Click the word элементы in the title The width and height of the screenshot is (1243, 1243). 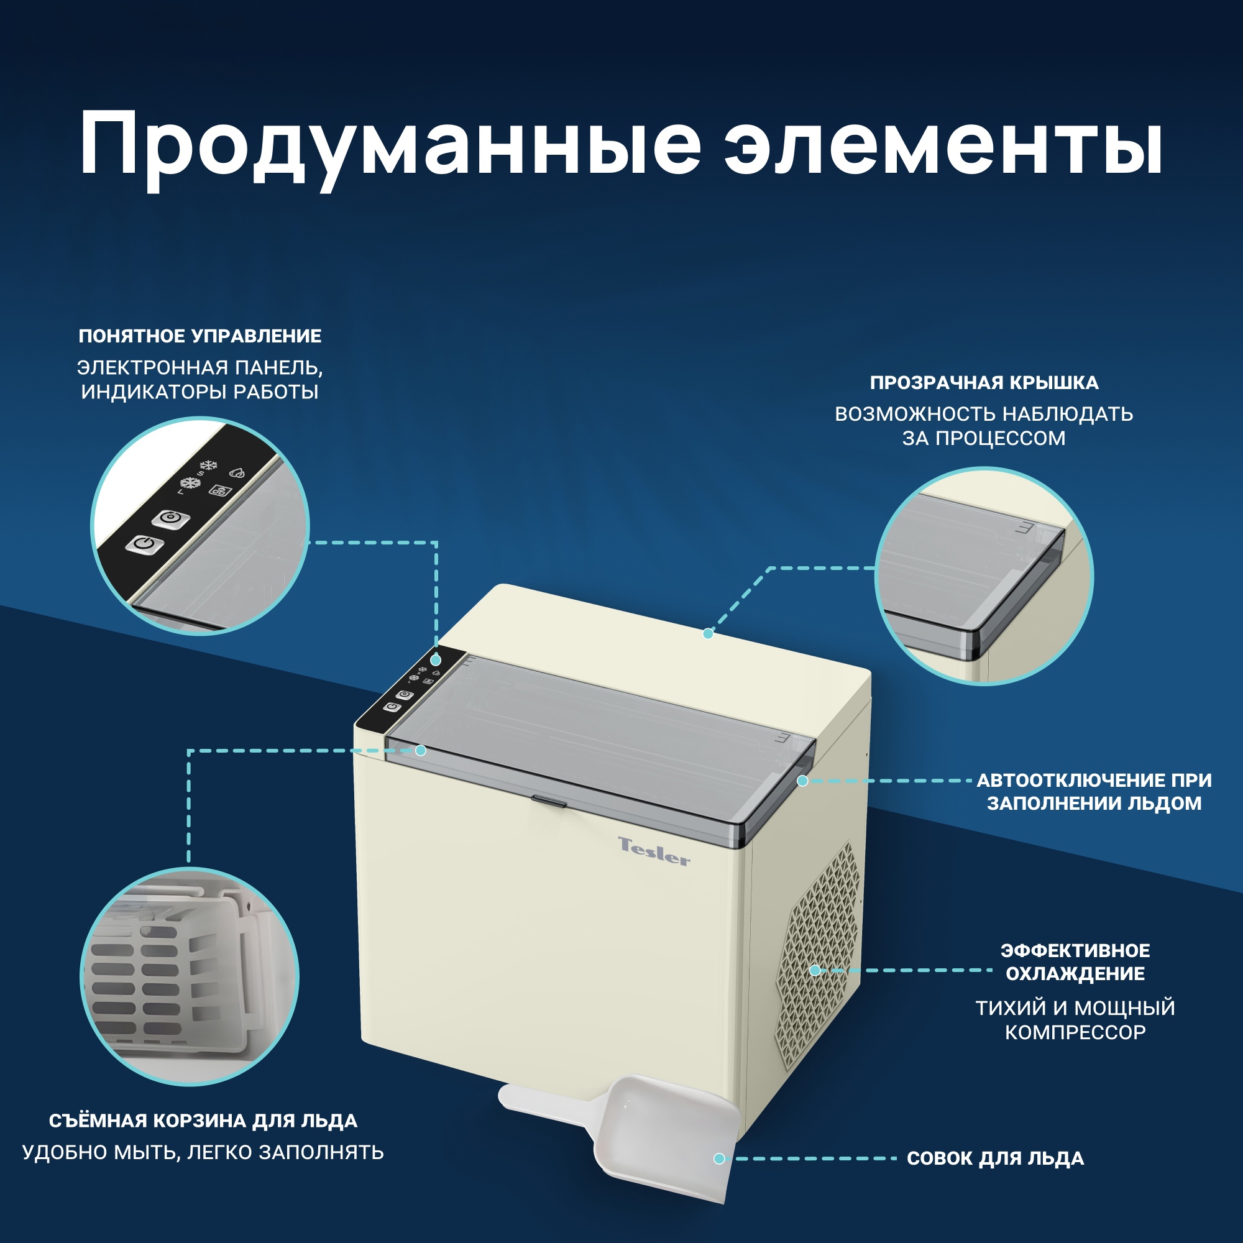point(943,145)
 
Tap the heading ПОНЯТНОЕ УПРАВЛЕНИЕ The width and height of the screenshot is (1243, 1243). point(200,336)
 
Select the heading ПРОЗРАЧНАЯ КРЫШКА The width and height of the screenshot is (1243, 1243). point(984,383)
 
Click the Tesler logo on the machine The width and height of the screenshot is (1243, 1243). point(654,853)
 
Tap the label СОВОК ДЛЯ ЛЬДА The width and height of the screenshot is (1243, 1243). point(995,1158)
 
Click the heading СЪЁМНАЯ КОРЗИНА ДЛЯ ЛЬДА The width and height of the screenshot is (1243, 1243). point(203,1121)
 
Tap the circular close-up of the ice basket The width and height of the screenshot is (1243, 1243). point(190,976)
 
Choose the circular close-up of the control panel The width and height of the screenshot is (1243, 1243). point(200,526)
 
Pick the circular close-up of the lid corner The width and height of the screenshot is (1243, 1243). point(984,576)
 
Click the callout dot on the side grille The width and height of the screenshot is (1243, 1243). point(815,970)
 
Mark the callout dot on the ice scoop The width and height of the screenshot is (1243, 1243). point(719,1158)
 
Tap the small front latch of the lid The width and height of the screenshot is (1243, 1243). point(548,801)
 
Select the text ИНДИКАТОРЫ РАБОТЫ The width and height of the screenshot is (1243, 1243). point(200,392)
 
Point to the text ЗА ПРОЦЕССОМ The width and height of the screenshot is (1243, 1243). point(984,438)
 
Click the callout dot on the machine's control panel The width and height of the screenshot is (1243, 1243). point(436,660)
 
